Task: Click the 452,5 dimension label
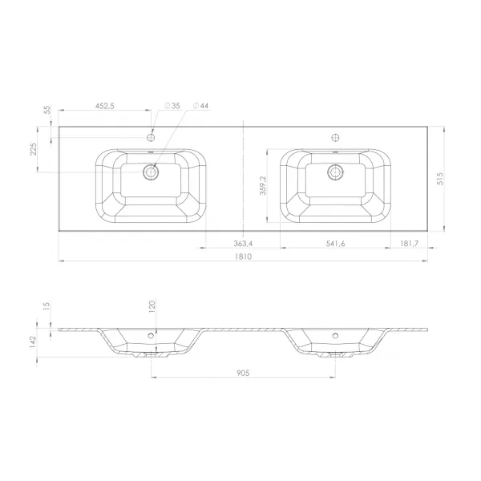tap(104, 106)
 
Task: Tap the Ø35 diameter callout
tap(172, 106)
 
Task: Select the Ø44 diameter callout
tap(200, 106)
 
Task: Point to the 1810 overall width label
tap(243, 257)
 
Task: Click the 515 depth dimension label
tap(440, 179)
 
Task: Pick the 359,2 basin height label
tap(263, 186)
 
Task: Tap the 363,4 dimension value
tap(243, 244)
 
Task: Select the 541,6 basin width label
tap(335, 244)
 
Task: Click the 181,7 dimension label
tap(409, 244)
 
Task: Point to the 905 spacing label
tap(243, 373)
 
